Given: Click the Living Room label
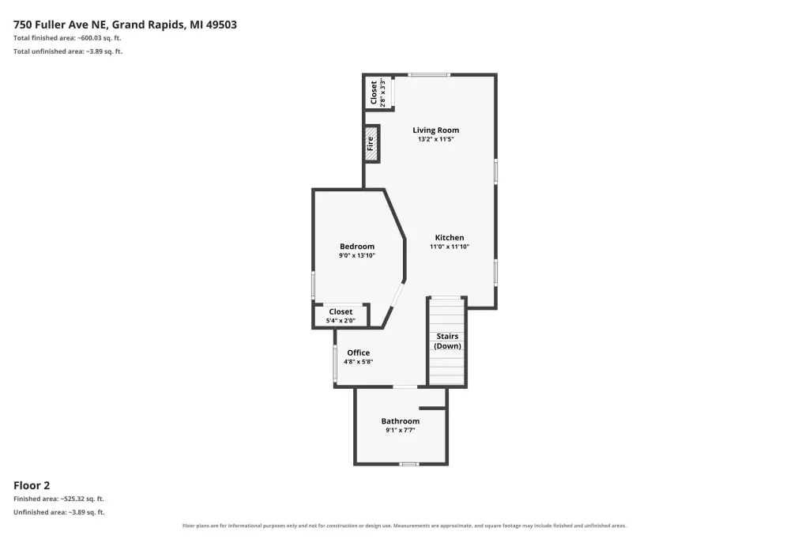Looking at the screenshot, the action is coord(435,130).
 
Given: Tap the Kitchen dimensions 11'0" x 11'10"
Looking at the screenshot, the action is coord(450,247).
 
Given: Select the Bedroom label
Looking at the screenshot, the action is coord(357,247).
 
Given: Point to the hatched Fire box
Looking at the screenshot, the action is coord(371,144).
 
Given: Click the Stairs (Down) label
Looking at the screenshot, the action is coord(447,341).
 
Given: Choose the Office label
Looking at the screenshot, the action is coord(358,352).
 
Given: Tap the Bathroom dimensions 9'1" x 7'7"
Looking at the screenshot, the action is coord(401,430).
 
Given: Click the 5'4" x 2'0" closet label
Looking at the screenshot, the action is coord(341,315).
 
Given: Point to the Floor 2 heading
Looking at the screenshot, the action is coord(32,485).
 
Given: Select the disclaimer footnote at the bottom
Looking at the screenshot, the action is coord(404,526).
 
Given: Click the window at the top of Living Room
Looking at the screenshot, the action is coord(429,75).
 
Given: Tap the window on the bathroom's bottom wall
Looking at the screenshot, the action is coord(408,464).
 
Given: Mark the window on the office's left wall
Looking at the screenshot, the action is coord(335,364).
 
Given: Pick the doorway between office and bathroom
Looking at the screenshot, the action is coord(405,386).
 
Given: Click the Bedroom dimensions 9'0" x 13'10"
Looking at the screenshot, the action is coord(357,255).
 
